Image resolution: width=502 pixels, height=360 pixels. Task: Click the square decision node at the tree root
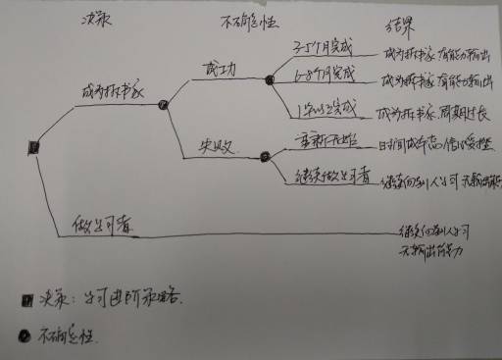point(34,146)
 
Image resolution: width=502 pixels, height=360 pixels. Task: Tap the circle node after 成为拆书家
point(163,103)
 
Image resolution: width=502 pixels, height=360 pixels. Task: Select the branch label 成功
point(213,71)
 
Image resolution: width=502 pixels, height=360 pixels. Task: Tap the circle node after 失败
point(264,154)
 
